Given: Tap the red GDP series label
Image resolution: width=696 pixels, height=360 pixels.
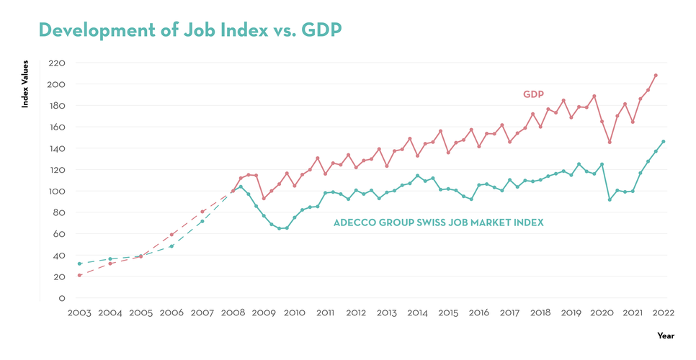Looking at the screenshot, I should (533, 94).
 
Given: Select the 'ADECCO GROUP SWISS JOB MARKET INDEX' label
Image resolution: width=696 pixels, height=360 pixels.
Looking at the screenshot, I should (438, 223).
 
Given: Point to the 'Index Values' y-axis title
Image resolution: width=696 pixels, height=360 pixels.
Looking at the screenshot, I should (25, 85).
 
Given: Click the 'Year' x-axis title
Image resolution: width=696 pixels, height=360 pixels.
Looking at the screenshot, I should (666, 336).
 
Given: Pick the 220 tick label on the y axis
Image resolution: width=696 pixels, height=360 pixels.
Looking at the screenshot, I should (57, 63).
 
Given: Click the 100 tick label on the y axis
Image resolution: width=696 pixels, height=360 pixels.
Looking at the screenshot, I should (57, 192).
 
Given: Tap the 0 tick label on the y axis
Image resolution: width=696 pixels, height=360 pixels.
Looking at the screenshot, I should (63, 298).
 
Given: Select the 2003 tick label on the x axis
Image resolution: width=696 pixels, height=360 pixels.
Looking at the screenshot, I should (79, 313).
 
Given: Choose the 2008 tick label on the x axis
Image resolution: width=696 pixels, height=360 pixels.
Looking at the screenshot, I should (233, 313).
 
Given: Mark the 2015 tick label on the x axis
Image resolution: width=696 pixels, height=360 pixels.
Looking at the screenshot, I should (448, 313).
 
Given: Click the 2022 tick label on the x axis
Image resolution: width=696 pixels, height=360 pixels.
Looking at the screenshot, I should (663, 313).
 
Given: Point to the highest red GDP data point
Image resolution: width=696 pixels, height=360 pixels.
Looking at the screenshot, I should (656, 76).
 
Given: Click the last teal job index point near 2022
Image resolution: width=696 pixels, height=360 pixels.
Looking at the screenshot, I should (664, 142).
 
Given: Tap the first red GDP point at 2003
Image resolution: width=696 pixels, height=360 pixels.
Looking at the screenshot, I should (79, 275).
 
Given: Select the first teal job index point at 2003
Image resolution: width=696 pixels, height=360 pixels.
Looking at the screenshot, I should (79, 264).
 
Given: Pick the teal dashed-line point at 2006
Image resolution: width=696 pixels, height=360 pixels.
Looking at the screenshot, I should (171, 246).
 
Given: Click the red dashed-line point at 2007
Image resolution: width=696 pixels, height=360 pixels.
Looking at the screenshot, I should (202, 212).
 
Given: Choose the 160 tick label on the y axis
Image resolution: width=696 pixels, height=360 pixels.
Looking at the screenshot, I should (57, 127).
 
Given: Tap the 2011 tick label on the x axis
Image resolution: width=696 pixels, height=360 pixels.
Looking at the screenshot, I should (325, 313).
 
